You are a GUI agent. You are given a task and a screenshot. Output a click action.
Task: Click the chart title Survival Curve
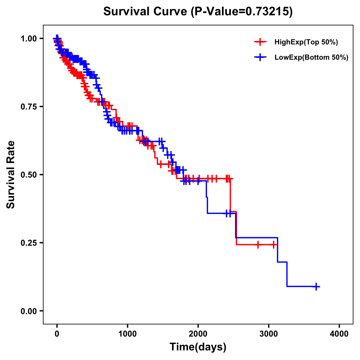(x=146, y=11)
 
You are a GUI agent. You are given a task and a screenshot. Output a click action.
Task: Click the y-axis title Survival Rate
(x=11, y=174)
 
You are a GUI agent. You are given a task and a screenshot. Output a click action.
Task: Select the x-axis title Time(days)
(x=198, y=347)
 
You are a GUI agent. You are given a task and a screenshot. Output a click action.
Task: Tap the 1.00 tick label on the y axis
(x=29, y=38)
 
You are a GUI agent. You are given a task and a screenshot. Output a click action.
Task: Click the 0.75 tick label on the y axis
(x=29, y=106)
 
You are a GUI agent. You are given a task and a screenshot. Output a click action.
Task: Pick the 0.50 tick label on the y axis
(x=29, y=175)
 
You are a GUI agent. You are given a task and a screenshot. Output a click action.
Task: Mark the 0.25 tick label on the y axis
(x=29, y=243)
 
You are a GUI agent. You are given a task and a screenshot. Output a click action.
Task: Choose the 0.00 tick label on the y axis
(x=29, y=311)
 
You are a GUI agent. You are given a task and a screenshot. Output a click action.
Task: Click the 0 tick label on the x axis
(x=57, y=334)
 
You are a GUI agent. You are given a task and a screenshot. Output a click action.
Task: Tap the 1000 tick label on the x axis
(x=127, y=334)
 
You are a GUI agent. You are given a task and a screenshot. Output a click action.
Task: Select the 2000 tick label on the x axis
(x=198, y=334)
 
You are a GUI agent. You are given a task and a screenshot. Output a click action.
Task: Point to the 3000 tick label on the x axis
(x=269, y=334)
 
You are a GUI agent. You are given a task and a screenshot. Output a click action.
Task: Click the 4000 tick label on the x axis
(x=339, y=334)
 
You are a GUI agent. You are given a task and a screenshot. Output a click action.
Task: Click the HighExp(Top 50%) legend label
(x=306, y=42)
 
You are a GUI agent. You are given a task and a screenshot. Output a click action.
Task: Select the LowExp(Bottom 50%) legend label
(x=311, y=58)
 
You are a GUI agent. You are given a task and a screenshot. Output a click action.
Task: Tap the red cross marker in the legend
(x=260, y=42)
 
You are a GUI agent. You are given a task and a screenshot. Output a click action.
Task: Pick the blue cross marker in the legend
(x=260, y=58)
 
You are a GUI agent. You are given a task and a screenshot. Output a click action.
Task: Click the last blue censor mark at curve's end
(x=316, y=286)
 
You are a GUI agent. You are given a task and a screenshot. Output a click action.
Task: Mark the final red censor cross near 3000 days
(x=274, y=245)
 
